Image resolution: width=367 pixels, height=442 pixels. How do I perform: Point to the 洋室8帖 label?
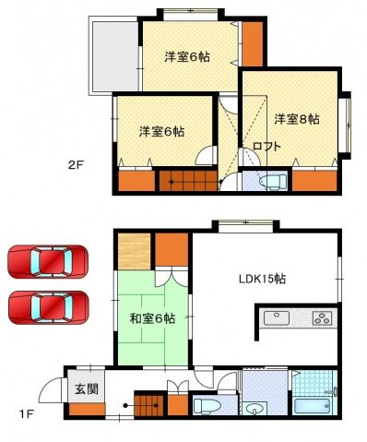296,118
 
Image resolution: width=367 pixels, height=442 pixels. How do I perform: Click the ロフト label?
266,146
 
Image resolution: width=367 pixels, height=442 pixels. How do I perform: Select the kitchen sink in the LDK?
277,320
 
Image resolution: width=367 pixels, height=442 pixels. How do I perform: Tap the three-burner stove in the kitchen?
321,320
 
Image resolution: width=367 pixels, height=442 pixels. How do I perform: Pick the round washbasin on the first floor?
255,407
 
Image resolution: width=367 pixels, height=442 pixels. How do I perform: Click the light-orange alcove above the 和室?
134,248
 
